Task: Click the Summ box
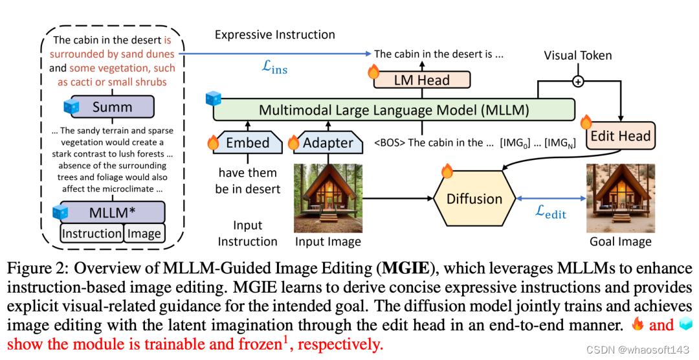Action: pyautogui.click(x=112, y=107)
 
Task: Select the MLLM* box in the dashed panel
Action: pyautogui.click(x=112, y=213)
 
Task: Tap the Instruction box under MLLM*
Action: pyautogui.click(x=91, y=234)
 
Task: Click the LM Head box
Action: pyautogui.click(x=422, y=79)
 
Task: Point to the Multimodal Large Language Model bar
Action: pyautogui.click(x=394, y=109)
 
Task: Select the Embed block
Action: pyautogui.click(x=247, y=143)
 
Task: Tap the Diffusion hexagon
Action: pyautogui.click(x=474, y=199)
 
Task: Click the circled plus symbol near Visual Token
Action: pyautogui.click(x=577, y=82)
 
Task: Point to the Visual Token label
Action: pyautogui.click(x=577, y=56)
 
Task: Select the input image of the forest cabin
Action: pyautogui.click(x=328, y=198)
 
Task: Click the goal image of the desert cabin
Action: pyautogui.click(x=620, y=198)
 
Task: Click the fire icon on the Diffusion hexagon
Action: pyautogui.click(x=446, y=171)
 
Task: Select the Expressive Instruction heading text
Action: pyautogui.click(x=274, y=34)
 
